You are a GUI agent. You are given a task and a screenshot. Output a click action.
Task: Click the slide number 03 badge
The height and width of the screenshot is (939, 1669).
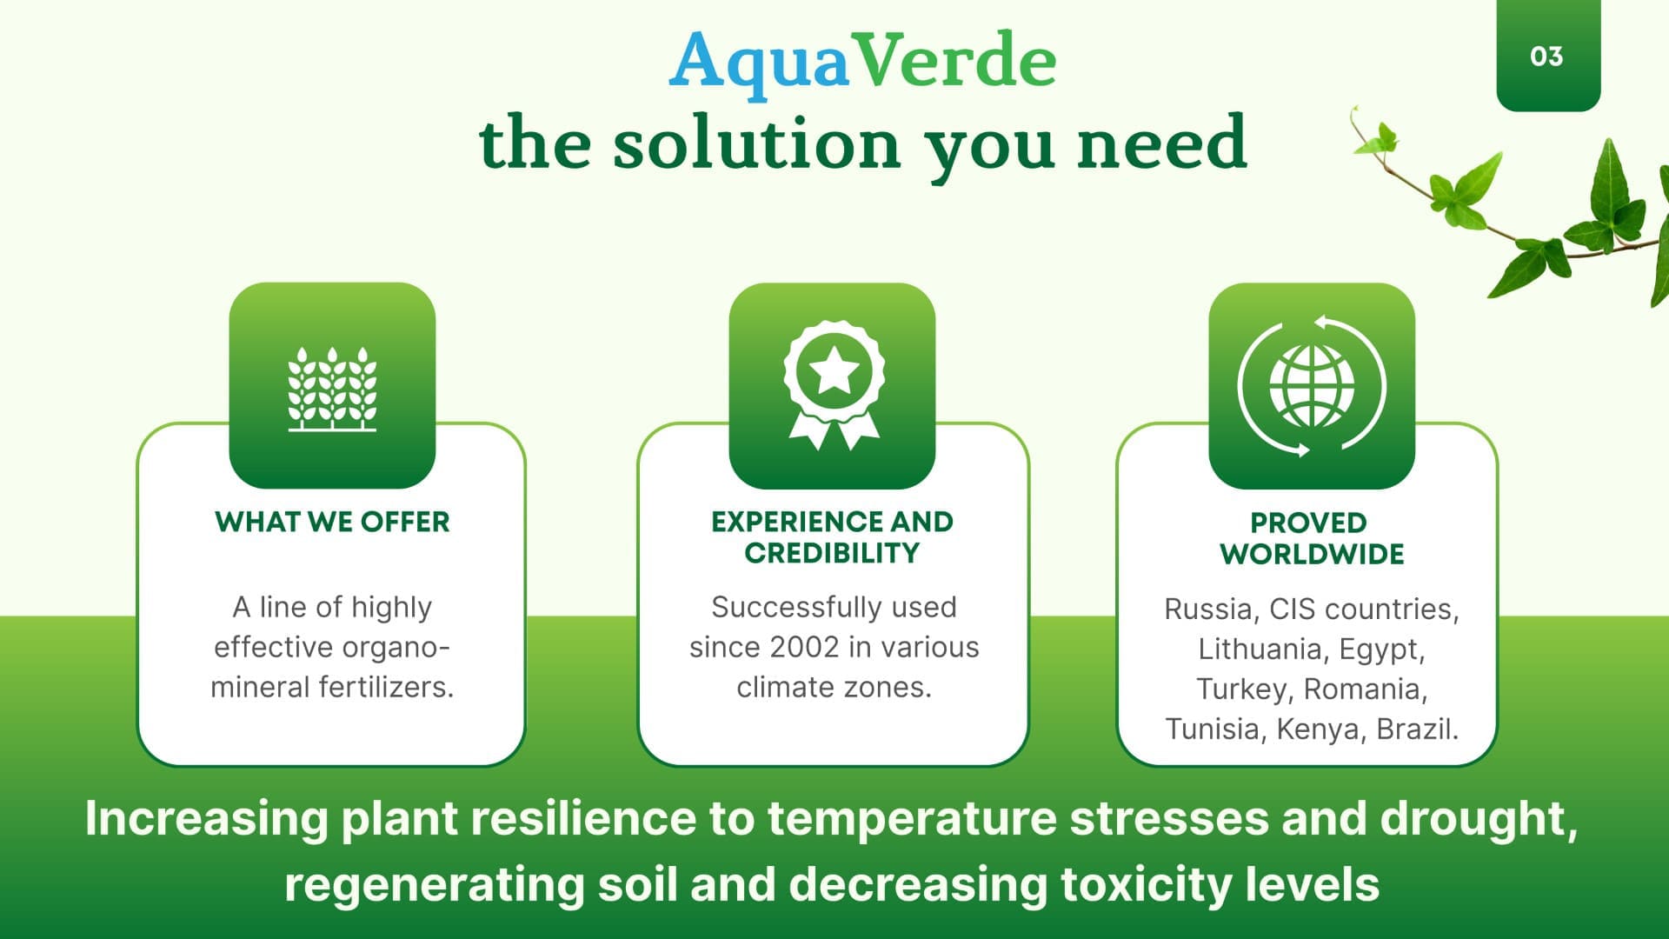coord(1547,56)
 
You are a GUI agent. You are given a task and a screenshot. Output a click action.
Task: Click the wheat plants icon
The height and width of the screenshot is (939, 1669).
coord(332,389)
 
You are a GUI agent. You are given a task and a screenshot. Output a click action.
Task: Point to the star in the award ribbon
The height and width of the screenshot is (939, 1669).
coord(834,370)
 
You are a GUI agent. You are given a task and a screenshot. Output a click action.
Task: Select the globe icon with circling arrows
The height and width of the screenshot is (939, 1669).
coord(1312,386)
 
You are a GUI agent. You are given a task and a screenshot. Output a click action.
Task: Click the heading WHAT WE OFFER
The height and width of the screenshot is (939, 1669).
coord(332,522)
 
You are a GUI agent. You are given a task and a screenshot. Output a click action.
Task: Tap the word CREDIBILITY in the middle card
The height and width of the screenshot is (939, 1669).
coord(832,553)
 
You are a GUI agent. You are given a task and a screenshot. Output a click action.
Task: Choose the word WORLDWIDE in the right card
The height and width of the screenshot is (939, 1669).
coord(1312,555)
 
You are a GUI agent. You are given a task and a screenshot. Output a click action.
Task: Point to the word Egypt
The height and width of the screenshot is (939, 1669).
coord(1381,650)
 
